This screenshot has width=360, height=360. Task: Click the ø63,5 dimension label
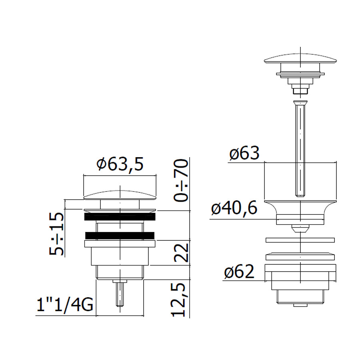(x=120, y=164)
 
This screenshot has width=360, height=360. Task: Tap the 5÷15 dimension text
(x=56, y=234)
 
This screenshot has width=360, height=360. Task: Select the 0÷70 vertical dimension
(x=181, y=180)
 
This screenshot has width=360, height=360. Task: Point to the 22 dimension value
(x=181, y=252)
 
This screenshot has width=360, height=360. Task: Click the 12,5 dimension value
(x=178, y=300)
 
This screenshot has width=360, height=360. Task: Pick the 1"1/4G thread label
(x=65, y=305)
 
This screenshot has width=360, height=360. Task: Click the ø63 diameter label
(x=244, y=153)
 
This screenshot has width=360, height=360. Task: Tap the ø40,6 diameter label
(x=234, y=208)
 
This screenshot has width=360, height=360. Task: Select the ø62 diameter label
(x=239, y=272)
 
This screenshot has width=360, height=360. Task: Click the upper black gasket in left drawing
(x=120, y=217)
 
